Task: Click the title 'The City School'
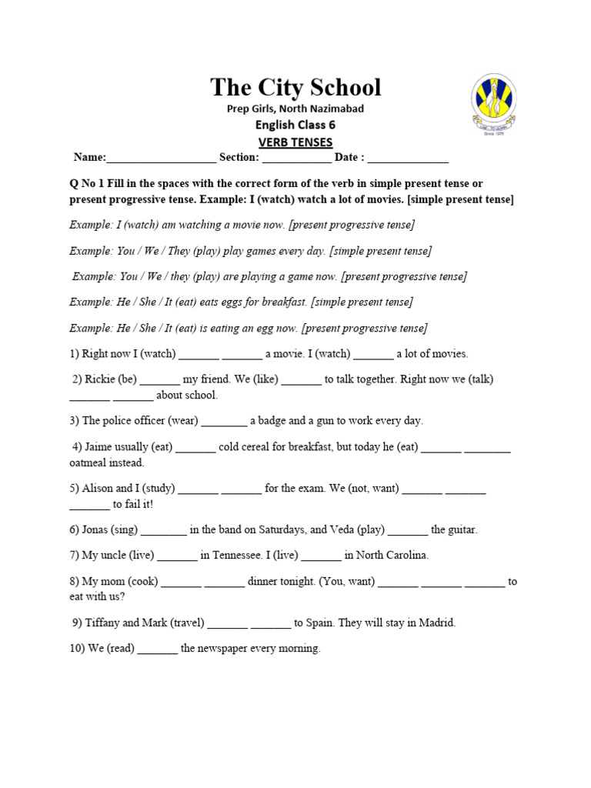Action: (x=295, y=87)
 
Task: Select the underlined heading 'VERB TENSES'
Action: (x=295, y=142)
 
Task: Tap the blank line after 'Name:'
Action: (x=162, y=159)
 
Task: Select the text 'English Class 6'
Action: (x=295, y=125)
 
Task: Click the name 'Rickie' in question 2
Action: (x=99, y=379)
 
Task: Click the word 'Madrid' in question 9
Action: (x=436, y=623)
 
